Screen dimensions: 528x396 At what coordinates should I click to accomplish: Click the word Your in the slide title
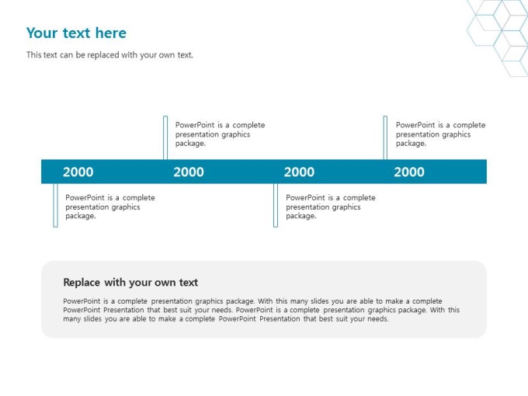pyautogui.click(x=42, y=33)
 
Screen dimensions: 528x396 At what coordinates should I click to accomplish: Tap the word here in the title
pyautogui.click(x=111, y=33)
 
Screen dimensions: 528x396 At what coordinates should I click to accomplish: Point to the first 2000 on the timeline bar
pyautogui.click(x=78, y=172)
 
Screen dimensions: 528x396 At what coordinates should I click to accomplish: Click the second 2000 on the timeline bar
pyautogui.click(x=189, y=172)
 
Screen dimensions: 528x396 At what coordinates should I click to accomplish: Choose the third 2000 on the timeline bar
pyautogui.click(x=299, y=172)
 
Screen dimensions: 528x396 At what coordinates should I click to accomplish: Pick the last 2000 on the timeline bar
pyautogui.click(x=409, y=172)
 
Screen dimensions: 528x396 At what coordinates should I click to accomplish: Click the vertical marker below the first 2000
pyautogui.click(x=56, y=205)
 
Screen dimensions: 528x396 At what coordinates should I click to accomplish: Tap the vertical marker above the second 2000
pyautogui.click(x=165, y=137)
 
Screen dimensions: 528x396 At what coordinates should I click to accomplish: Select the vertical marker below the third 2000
pyautogui.click(x=276, y=205)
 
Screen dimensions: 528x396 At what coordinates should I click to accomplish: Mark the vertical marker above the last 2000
pyautogui.click(x=385, y=137)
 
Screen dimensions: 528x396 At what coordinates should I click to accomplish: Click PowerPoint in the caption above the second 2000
pyautogui.click(x=195, y=125)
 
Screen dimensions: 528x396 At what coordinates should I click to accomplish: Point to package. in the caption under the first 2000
pyautogui.click(x=81, y=216)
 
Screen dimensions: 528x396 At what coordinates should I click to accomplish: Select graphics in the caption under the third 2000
pyautogui.click(x=346, y=207)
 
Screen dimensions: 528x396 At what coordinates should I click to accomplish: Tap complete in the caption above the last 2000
pyautogui.click(x=470, y=125)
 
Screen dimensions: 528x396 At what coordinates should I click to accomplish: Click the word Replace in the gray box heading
pyautogui.click(x=82, y=282)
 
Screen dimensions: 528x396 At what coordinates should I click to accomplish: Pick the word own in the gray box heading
pyautogui.click(x=165, y=283)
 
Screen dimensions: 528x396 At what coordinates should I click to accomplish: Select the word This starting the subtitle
pyautogui.click(x=33, y=55)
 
